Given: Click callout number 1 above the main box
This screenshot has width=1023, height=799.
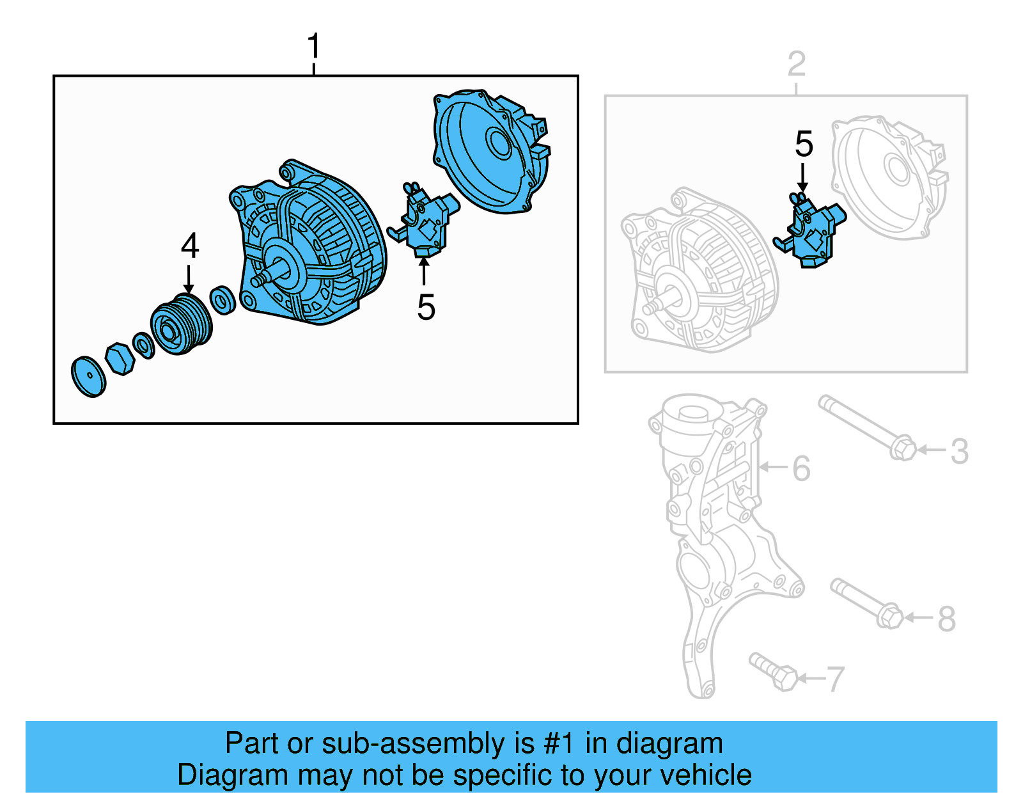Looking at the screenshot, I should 313,47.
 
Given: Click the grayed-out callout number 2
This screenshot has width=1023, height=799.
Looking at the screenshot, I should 796,64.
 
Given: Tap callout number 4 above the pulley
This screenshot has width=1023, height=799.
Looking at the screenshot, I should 190,246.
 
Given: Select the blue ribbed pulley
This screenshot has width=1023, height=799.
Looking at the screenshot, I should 180,325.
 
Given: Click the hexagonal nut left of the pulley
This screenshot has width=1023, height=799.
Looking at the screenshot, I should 120,358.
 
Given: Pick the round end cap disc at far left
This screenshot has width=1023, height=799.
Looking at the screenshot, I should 88,377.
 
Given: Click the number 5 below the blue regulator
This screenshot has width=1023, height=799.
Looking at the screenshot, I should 426,307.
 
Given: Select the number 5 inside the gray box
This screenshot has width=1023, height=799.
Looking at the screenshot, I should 804,144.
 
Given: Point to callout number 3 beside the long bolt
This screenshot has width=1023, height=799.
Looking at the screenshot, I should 958,451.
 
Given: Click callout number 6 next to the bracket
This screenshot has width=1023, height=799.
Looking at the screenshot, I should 801,468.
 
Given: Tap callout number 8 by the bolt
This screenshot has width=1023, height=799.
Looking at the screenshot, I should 946,619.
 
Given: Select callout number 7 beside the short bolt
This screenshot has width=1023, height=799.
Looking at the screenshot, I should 835,679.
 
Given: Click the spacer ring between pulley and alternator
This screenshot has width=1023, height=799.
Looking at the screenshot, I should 223,300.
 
